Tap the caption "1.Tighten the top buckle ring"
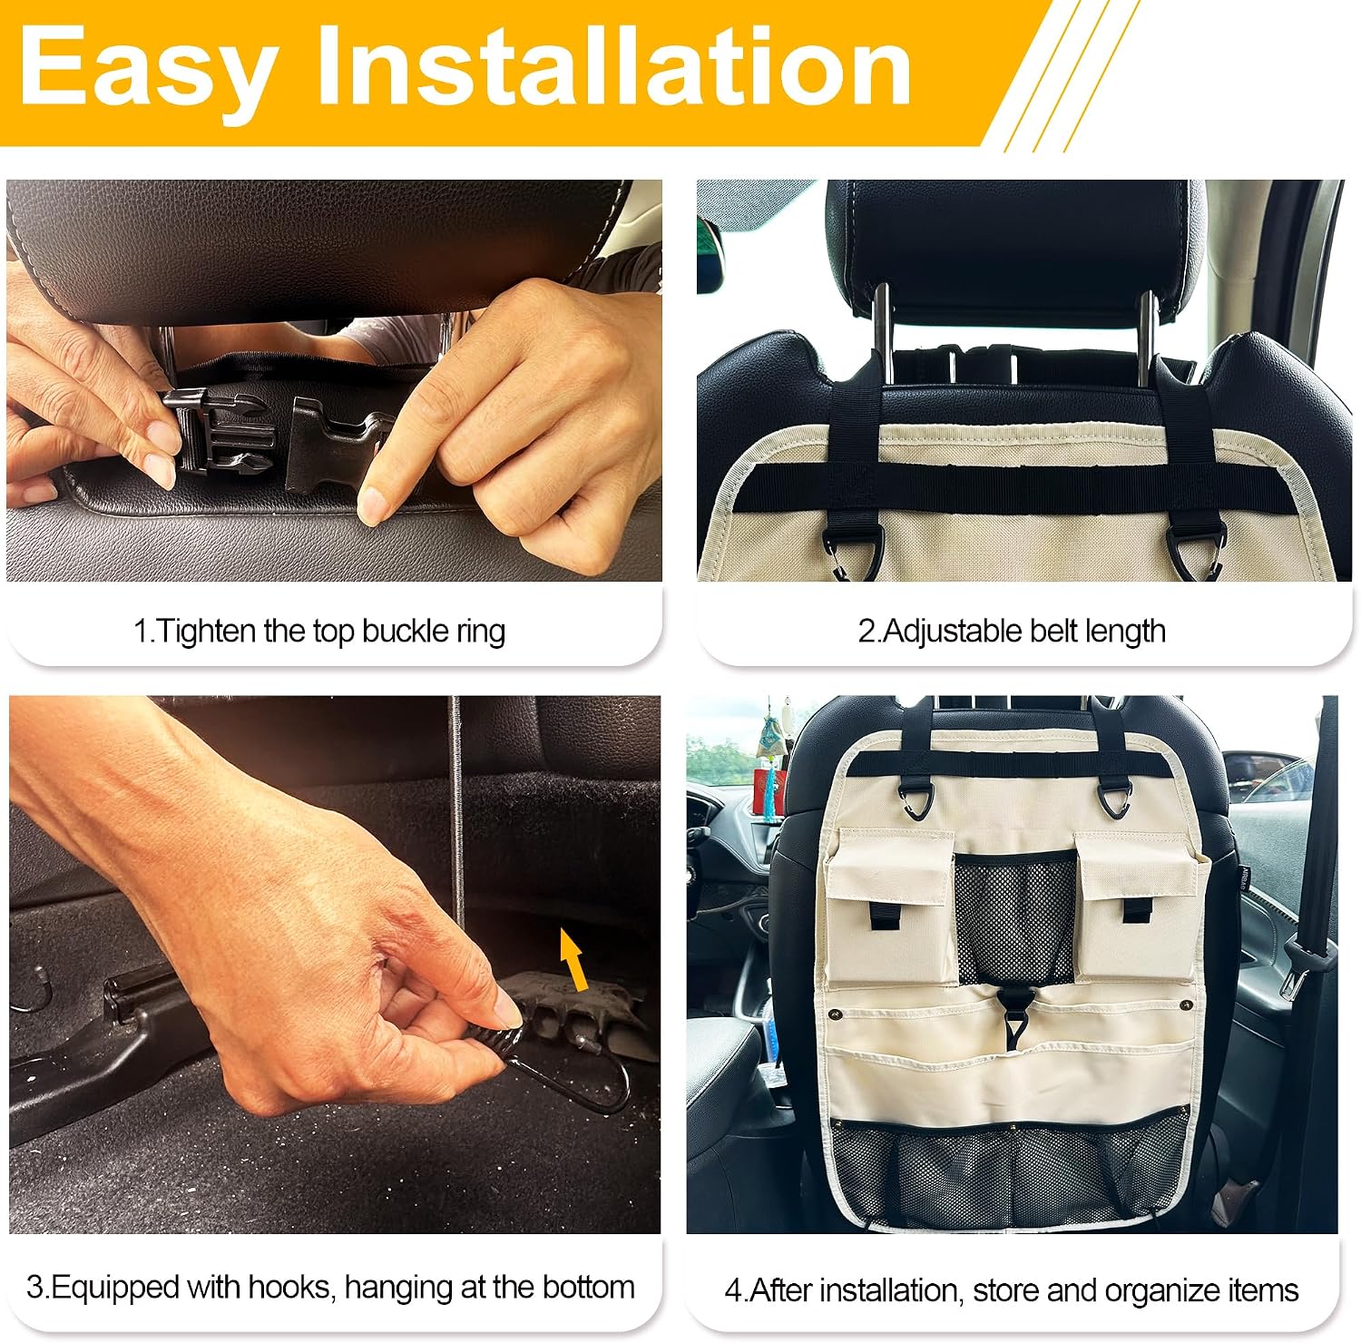coord(319,632)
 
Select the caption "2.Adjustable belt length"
coord(1012,632)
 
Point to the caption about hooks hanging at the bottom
coord(330,1288)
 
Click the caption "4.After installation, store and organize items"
coord(1012,1290)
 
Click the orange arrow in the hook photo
coord(573,960)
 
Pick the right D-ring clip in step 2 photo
coord(1192,551)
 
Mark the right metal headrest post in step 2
coord(1148,336)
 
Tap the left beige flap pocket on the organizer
coord(889,907)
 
